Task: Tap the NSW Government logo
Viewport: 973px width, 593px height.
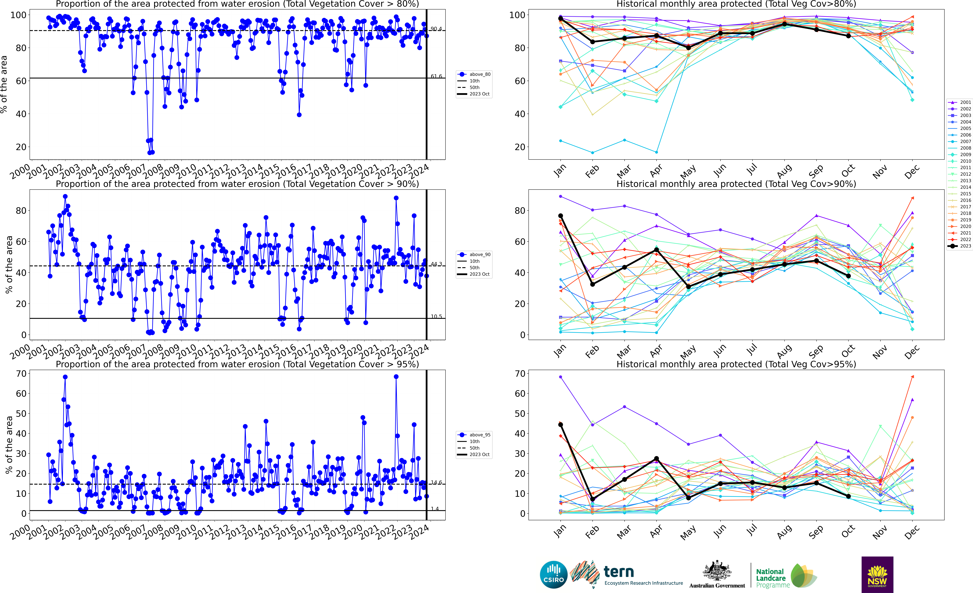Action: tap(877, 574)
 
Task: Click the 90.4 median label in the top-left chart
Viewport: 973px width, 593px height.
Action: tap(436, 29)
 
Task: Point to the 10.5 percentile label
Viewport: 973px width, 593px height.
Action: tap(436, 316)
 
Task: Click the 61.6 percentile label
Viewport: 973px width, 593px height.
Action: tap(436, 76)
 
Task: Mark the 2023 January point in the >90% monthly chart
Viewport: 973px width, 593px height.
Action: tap(560, 216)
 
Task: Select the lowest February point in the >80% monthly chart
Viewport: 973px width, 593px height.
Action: tap(592, 153)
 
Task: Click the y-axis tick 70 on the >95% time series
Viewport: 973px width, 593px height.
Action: tap(21, 374)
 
